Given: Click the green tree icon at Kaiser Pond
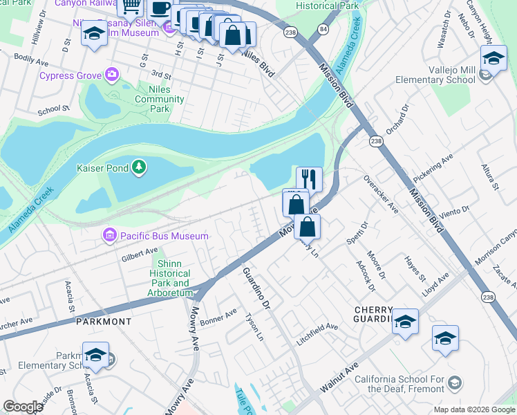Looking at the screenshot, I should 139,167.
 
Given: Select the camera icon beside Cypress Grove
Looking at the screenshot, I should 111,75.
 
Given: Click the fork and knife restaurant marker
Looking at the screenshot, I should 310,178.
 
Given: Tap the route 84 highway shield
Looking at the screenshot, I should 323,29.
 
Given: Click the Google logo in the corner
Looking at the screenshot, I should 22,406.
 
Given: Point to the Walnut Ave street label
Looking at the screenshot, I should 338,380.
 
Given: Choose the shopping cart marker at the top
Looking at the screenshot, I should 130,7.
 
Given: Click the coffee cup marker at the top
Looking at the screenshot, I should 160,8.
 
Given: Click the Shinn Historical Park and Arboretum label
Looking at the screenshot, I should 169,278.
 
